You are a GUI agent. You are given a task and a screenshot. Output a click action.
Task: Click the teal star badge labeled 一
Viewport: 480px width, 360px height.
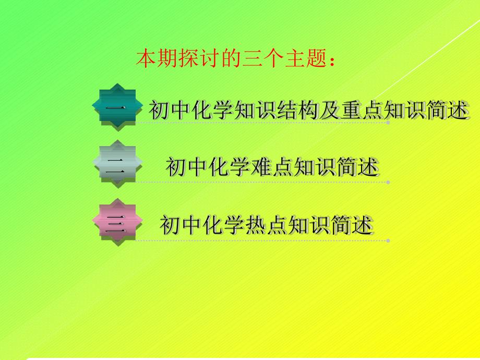click(x=117, y=106)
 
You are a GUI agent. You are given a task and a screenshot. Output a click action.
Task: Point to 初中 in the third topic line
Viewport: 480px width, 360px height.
click(x=177, y=225)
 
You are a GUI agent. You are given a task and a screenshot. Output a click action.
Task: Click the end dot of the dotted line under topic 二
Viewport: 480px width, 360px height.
click(x=388, y=182)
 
